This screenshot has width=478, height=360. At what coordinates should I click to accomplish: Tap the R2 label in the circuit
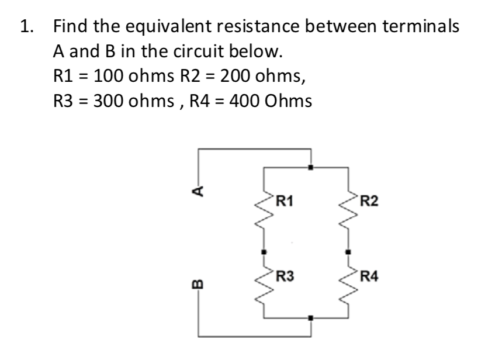tap(369, 203)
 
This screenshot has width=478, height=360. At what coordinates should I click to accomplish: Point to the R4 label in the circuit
tap(369, 276)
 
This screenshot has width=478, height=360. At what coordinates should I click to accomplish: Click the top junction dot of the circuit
tap(311, 168)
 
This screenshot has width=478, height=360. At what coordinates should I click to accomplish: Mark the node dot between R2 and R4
tap(349, 252)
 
